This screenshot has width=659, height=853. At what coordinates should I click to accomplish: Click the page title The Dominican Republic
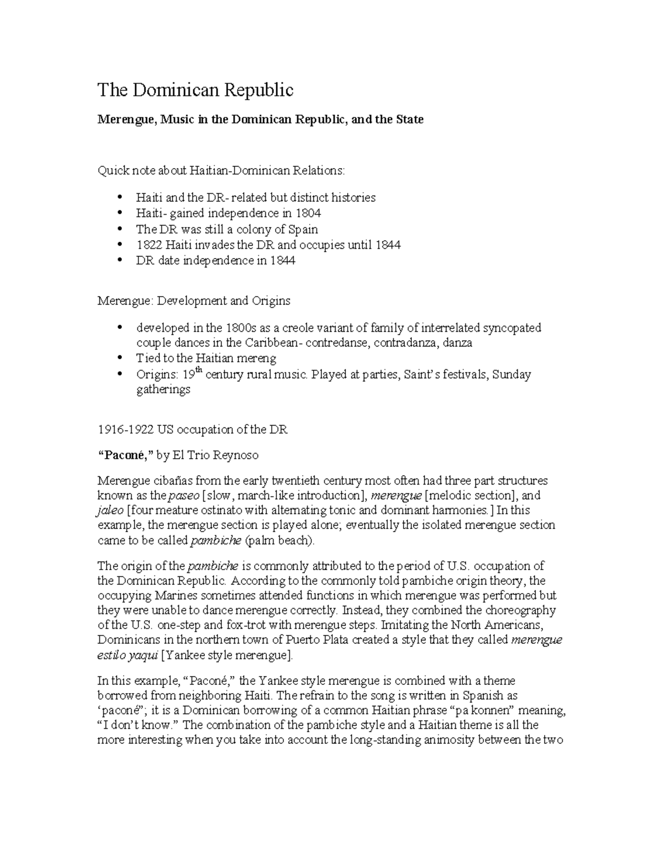(195, 90)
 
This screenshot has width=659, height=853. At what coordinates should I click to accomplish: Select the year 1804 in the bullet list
(308, 213)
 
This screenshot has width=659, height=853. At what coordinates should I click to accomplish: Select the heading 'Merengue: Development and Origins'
(194, 301)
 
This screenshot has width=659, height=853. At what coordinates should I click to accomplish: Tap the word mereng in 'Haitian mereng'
(258, 359)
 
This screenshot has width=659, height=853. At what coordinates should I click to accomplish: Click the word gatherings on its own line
(163, 390)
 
